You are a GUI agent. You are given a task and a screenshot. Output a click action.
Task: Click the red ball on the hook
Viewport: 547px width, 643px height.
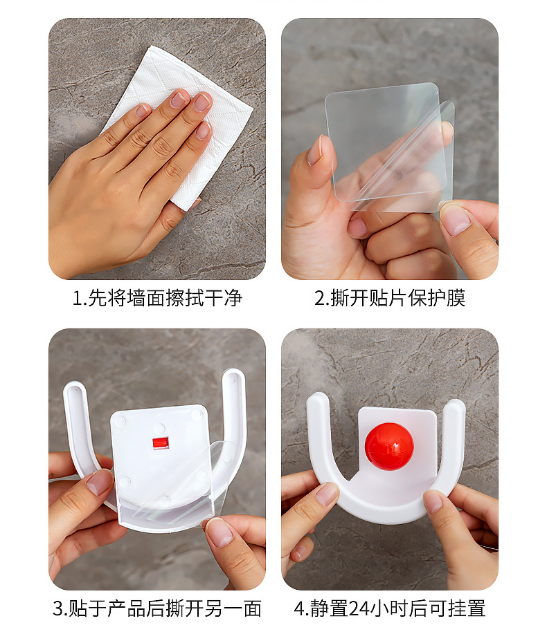389,447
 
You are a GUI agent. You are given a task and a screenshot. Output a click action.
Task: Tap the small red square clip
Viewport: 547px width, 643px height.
159,443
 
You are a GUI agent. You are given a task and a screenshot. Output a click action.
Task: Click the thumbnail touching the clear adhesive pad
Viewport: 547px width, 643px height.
316,150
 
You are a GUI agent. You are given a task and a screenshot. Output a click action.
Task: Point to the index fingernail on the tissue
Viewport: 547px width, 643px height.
180,98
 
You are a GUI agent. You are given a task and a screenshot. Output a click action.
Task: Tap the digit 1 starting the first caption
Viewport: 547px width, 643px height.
77,298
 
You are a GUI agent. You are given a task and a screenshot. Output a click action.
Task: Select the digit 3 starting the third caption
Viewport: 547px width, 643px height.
58,608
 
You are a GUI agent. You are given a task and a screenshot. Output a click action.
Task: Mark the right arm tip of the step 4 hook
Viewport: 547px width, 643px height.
455,405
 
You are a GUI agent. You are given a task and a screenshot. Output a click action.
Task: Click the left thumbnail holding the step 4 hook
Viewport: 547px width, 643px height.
328,494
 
